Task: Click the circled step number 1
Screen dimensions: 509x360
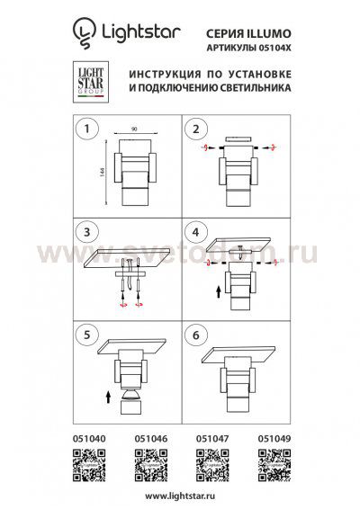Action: pyautogui.click(x=87, y=129)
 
